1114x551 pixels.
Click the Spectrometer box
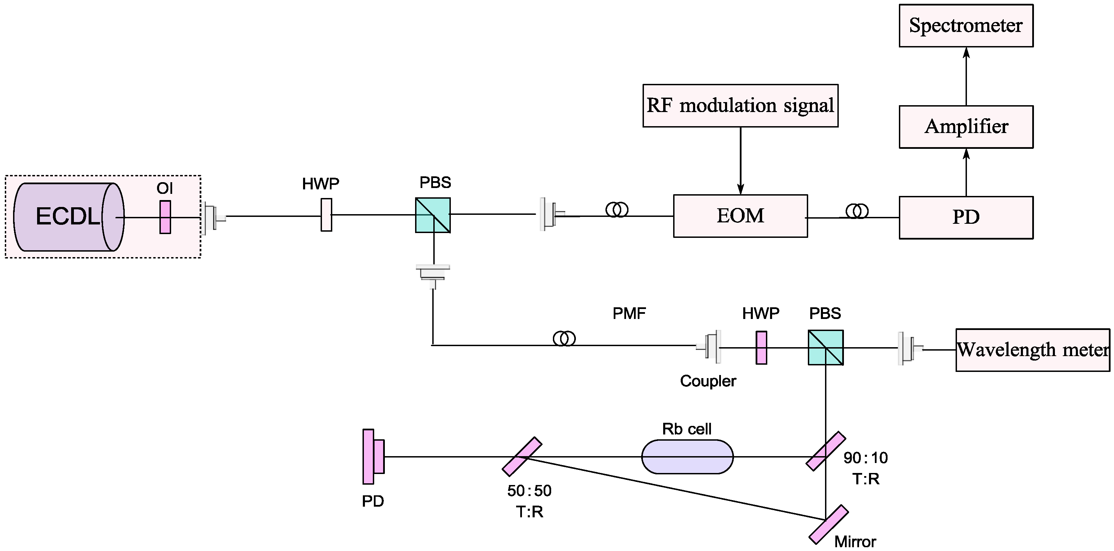point(966,25)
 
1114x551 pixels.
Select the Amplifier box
point(966,127)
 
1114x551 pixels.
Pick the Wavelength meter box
point(1032,350)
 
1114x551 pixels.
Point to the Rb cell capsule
point(687,457)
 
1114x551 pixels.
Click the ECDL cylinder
point(68,217)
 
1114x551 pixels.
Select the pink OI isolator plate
point(165,217)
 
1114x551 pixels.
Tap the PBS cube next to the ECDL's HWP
point(433,216)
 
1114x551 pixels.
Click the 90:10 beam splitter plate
point(826,451)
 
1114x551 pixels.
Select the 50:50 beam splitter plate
point(522,456)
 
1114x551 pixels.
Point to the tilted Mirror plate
point(828,524)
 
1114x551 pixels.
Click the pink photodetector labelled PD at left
point(373,456)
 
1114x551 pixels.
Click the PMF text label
point(629,313)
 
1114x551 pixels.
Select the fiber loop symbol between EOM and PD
point(857,211)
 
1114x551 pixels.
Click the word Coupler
point(708,381)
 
